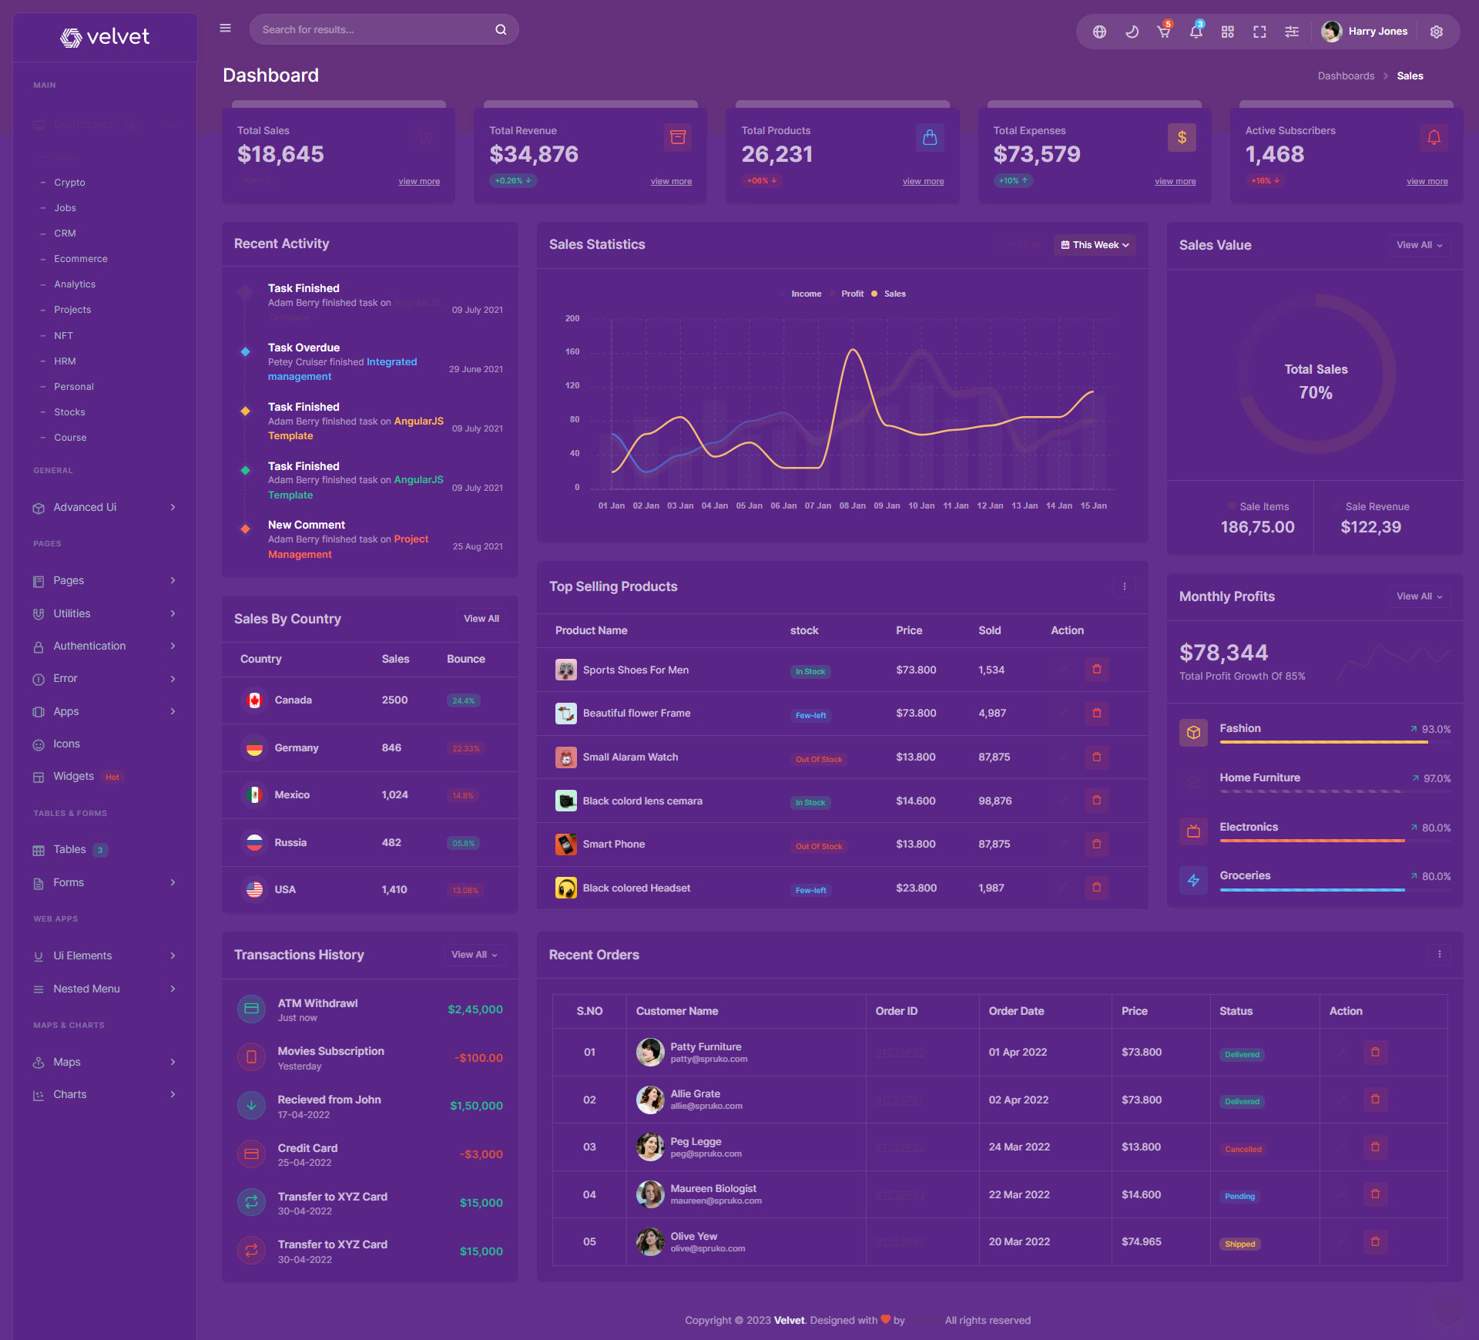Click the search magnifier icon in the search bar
501,30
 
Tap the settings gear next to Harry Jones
1436,32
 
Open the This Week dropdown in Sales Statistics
1095,245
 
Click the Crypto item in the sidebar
69,183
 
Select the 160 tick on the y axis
572,352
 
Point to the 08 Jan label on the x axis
852,506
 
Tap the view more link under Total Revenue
671,182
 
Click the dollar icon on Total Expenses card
1182,138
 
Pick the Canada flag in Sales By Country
254,700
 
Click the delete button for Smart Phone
1096,845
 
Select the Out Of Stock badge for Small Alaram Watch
819,759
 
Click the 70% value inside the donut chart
1315,393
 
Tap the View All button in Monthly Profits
1419,596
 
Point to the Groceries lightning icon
1193,880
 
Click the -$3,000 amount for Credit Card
481,1154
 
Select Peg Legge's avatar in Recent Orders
650,1147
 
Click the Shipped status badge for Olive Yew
1239,1244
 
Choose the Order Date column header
1016,1011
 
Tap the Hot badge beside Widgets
112,777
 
